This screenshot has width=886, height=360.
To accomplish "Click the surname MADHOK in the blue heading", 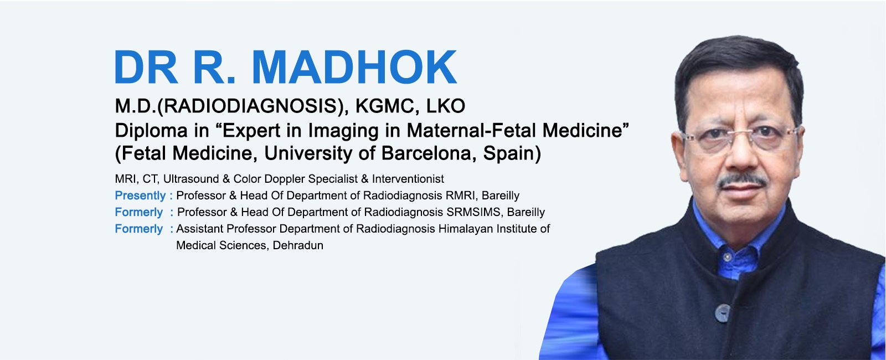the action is (x=354, y=67).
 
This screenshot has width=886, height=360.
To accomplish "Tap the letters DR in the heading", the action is (x=146, y=67).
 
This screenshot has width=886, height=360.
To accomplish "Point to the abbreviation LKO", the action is (x=445, y=106).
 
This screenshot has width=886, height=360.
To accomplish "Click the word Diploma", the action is (x=151, y=131).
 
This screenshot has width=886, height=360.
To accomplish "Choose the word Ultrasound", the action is (x=191, y=179).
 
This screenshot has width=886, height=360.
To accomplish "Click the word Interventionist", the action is (x=408, y=179).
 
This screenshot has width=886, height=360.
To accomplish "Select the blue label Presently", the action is (x=140, y=196).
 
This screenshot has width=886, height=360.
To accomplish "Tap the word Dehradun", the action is (x=298, y=245).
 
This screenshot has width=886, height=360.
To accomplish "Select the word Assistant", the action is (x=199, y=229).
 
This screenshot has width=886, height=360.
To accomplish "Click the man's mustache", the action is (x=743, y=181).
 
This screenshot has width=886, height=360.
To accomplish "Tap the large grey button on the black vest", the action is (x=722, y=313).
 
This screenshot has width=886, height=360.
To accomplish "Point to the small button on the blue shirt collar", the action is (x=728, y=257).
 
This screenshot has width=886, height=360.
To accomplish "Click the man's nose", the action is (x=740, y=155).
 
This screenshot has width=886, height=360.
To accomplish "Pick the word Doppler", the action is (x=285, y=179).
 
